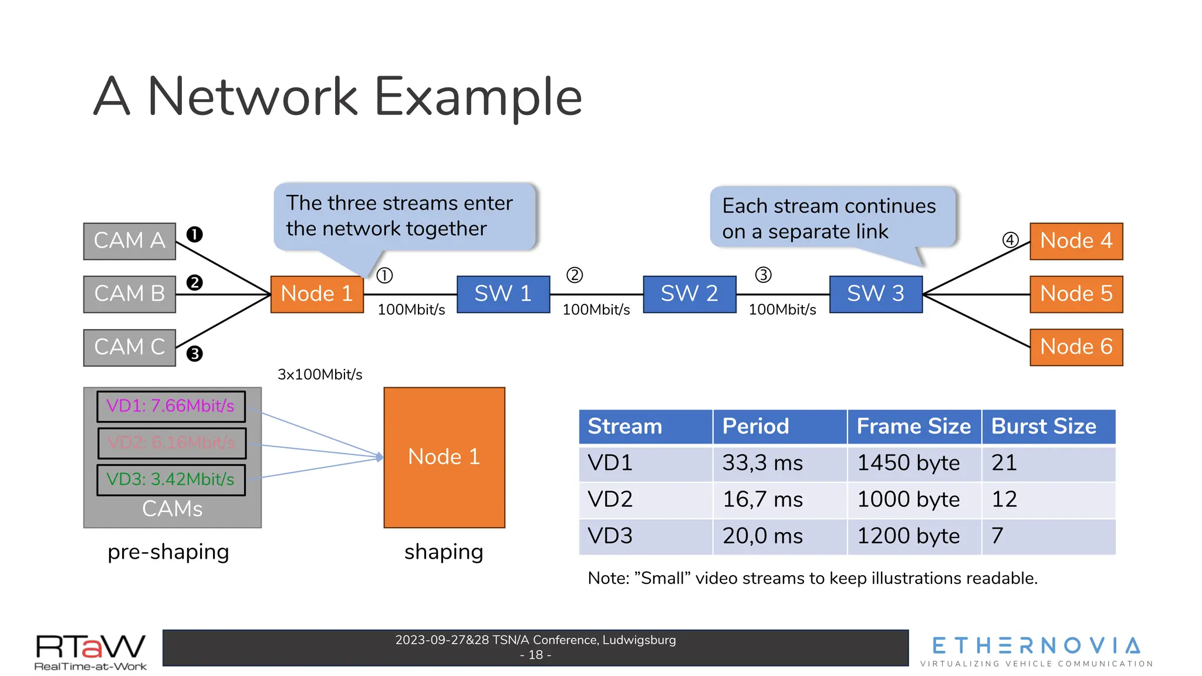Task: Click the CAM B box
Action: [x=129, y=294]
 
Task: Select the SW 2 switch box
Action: [x=689, y=294]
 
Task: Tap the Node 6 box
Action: [x=1076, y=347]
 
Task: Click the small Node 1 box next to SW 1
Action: [x=317, y=294]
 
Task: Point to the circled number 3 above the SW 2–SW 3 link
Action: [x=763, y=275]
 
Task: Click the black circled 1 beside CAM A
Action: [x=194, y=235]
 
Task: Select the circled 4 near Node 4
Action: [x=1010, y=240]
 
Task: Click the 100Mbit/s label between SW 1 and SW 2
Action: [x=596, y=310]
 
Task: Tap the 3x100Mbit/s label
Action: [x=320, y=374]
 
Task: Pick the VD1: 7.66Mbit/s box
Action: [x=171, y=406]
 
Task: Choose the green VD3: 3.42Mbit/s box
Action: [x=171, y=479]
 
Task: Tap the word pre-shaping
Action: [x=168, y=552]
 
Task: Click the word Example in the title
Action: [x=478, y=97]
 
